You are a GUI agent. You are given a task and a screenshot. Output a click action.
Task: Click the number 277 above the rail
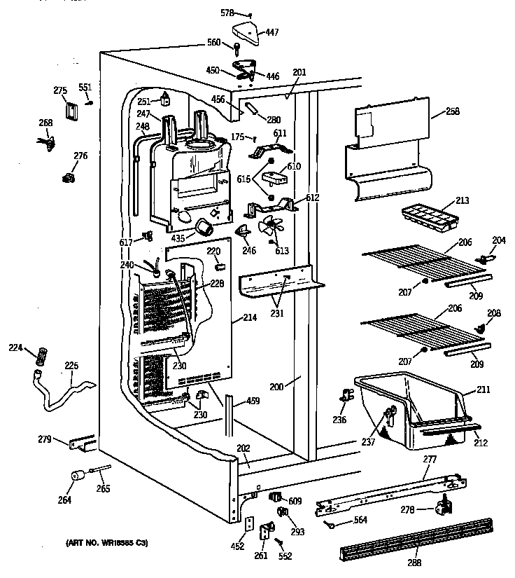click(x=430, y=459)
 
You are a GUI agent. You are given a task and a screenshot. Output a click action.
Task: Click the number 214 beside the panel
click(x=249, y=317)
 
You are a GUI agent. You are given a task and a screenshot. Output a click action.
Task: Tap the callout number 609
click(x=295, y=500)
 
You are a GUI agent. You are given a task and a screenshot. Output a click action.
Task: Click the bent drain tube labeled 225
click(x=66, y=392)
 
